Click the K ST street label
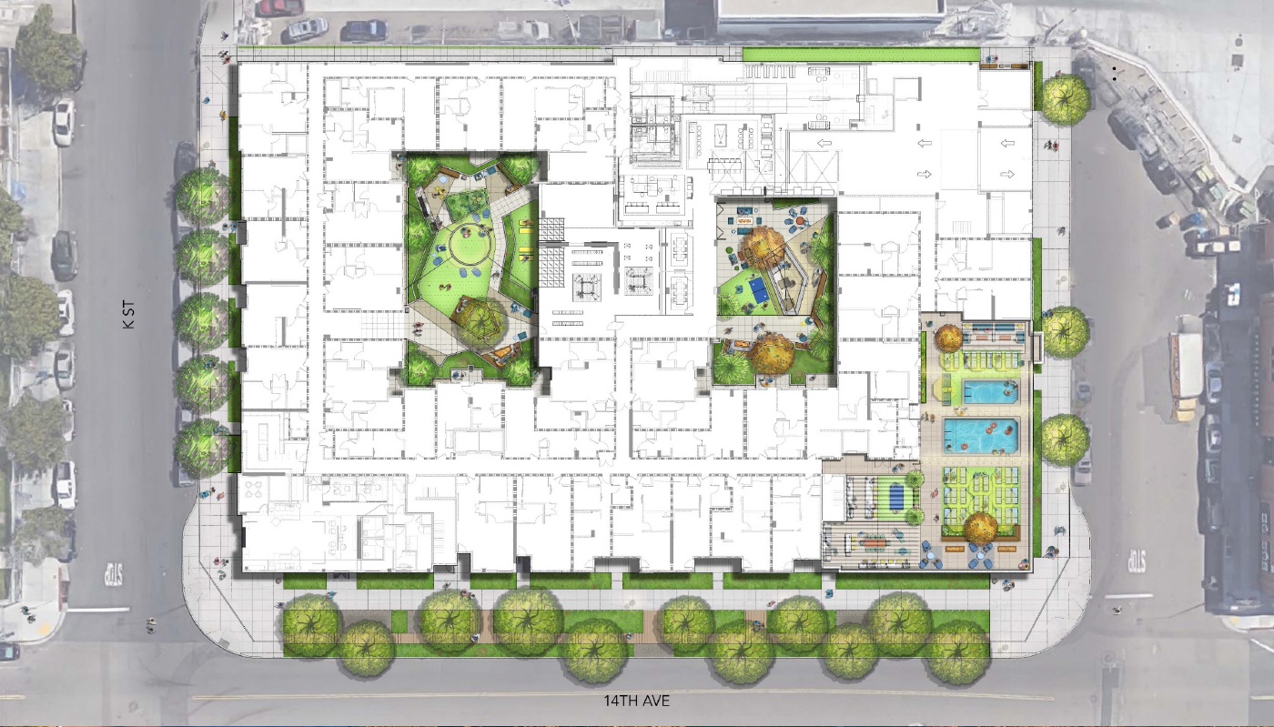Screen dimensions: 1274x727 coord(129,315)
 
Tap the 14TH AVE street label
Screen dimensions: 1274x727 coord(636,701)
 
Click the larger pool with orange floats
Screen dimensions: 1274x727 coord(981,436)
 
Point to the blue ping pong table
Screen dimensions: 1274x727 coord(759,290)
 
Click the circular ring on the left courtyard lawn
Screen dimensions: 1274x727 coord(470,244)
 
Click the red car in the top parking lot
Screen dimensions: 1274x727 coord(279,7)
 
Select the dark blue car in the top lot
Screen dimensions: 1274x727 coord(363,30)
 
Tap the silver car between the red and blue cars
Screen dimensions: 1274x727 coord(308,28)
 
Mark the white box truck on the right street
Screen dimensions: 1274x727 coord(1185,369)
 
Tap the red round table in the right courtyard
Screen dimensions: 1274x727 coord(800,219)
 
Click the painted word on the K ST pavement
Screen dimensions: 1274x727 coord(114,574)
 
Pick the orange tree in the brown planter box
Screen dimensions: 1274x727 coord(981,528)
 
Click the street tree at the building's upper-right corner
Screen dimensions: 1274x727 coord(1066,99)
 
